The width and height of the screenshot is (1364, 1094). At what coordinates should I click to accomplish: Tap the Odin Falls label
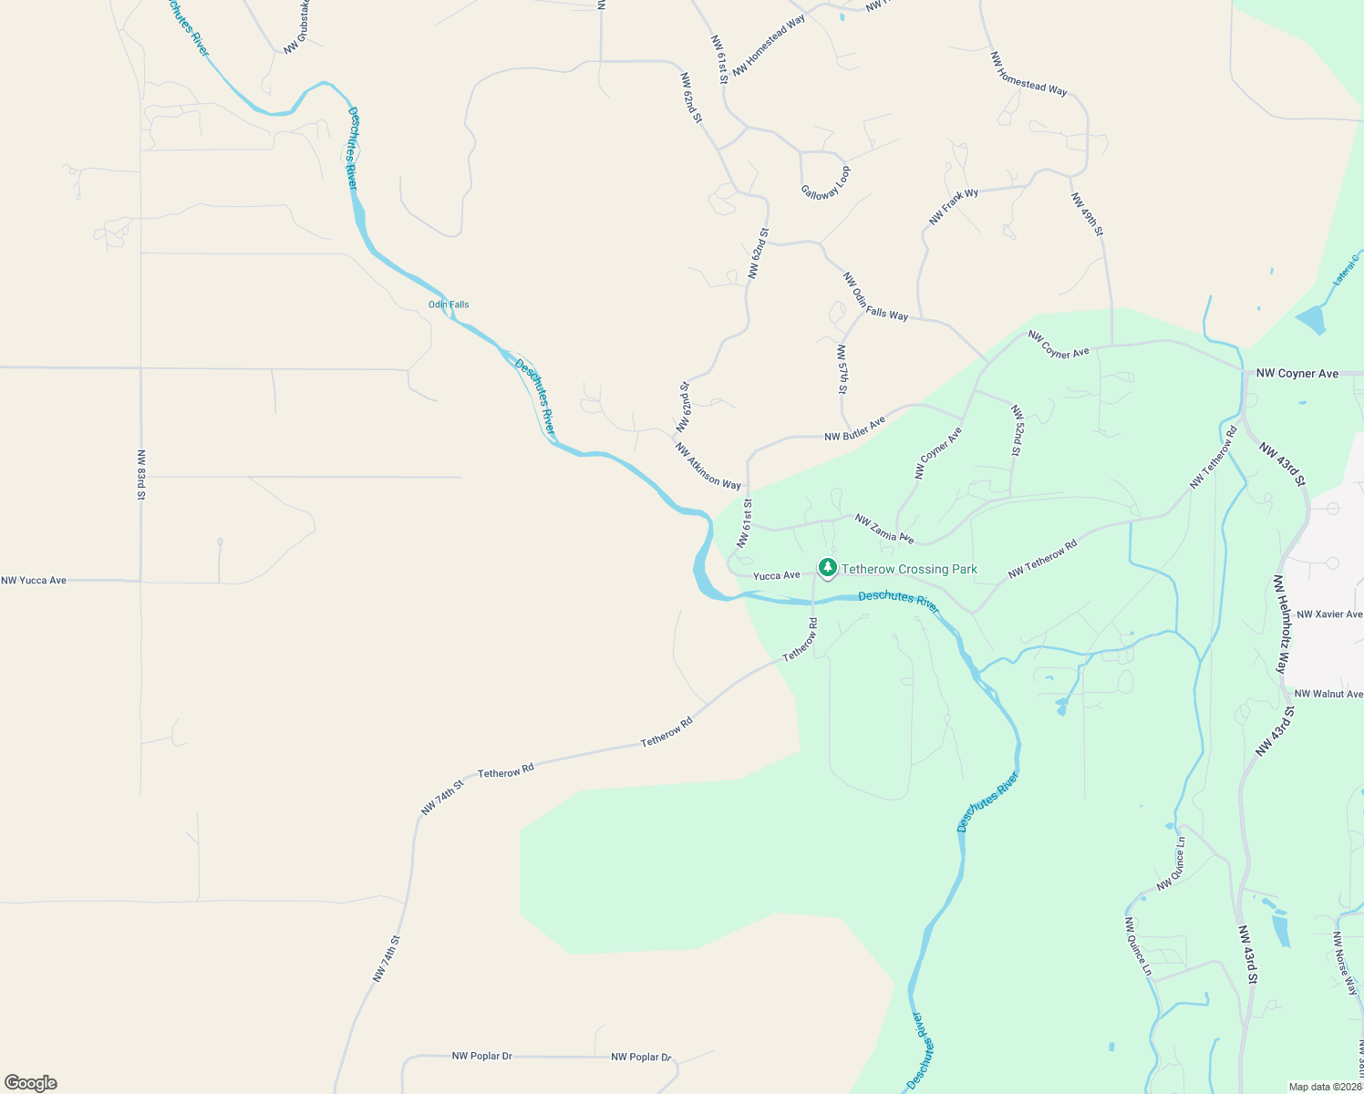tap(449, 304)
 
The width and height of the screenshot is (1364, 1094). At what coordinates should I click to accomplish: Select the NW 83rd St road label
tap(141, 474)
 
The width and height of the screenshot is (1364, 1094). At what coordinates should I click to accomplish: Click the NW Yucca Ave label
tap(34, 581)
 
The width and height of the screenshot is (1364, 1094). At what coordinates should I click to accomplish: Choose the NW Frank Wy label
tap(954, 207)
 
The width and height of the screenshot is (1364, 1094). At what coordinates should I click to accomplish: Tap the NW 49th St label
tap(1087, 214)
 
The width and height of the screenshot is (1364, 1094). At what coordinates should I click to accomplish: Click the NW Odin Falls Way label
tap(875, 296)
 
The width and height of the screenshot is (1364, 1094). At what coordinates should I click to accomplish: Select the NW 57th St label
tap(842, 368)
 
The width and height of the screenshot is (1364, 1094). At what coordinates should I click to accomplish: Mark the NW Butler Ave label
tap(855, 429)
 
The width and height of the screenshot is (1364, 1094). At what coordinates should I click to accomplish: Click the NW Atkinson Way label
tap(708, 466)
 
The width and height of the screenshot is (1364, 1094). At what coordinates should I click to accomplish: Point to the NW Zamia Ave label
tap(884, 529)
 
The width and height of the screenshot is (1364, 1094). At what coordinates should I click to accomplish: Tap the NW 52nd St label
tap(1016, 430)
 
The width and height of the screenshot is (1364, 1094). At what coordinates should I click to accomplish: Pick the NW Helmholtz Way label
tap(1280, 624)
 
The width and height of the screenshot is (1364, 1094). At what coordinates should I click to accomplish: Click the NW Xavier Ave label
tap(1329, 614)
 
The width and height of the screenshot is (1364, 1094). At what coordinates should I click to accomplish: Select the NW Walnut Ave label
tap(1328, 694)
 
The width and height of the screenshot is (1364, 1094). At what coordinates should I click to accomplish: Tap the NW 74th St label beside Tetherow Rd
tap(443, 797)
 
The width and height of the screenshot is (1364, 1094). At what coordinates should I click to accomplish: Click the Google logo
tap(31, 1083)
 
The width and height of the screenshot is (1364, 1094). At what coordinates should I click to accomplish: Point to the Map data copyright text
tap(1325, 1087)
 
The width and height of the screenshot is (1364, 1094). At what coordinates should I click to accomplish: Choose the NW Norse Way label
tap(1346, 963)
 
